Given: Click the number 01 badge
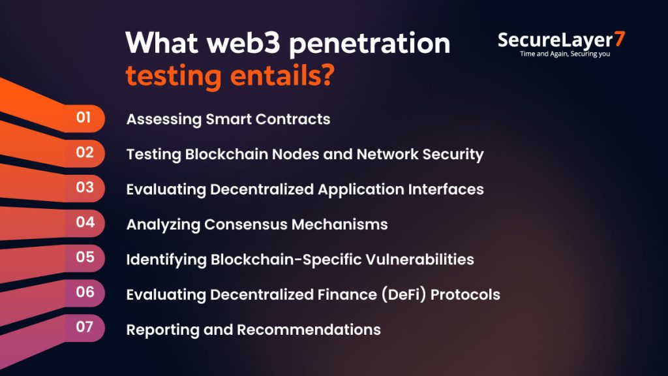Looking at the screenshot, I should [x=83, y=118].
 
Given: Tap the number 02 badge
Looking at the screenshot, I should [x=85, y=153].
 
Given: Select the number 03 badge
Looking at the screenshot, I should [x=85, y=187].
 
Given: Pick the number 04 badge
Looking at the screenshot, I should [x=85, y=222].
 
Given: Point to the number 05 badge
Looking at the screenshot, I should [x=85, y=257].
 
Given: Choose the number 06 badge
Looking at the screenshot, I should [x=85, y=292].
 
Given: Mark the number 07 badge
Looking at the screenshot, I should [x=85, y=326].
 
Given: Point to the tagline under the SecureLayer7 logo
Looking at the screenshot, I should [x=565, y=54].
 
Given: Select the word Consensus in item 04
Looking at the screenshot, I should [x=245, y=225].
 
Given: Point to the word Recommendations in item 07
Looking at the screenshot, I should [x=309, y=330].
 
